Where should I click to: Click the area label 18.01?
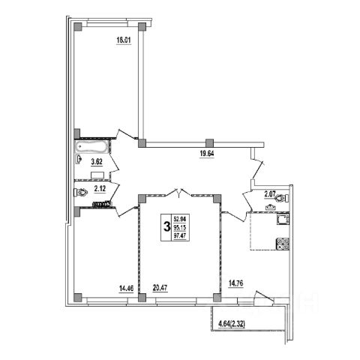(124, 40)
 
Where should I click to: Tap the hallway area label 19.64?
(207, 153)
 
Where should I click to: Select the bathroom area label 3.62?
(97, 162)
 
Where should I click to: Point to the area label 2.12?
(100, 189)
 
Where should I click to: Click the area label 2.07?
(270, 194)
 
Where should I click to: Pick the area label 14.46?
(126, 289)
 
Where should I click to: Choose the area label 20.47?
(160, 288)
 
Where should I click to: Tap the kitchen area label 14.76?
(236, 283)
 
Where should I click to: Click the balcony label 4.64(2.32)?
(232, 324)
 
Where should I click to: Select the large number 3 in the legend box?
(166, 227)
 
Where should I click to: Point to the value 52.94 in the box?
(180, 219)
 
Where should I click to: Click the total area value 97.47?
(180, 235)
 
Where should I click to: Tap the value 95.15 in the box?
(180, 227)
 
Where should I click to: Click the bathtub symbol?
(91, 147)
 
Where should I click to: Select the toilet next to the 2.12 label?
(81, 193)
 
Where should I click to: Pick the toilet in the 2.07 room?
(282, 199)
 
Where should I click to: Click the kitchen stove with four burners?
(283, 244)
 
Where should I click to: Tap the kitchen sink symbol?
(283, 219)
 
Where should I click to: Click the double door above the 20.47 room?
(179, 193)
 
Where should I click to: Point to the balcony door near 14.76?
(263, 297)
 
